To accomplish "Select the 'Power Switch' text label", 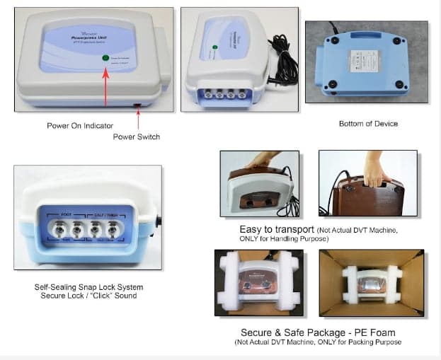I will pyautogui.click(x=137, y=137).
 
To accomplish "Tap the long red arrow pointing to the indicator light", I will pyautogui.click(x=105, y=88).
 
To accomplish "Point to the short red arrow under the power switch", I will pyautogui.click(x=137, y=118).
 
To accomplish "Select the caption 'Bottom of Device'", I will pyautogui.click(x=368, y=124).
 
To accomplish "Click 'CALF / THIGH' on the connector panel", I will pyautogui.click(x=109, y=214).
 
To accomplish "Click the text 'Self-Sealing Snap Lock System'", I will pyautogui.click(x=88, y=287).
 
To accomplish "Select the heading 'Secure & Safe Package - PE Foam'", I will pyautogui.click(x=319, y=332).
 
